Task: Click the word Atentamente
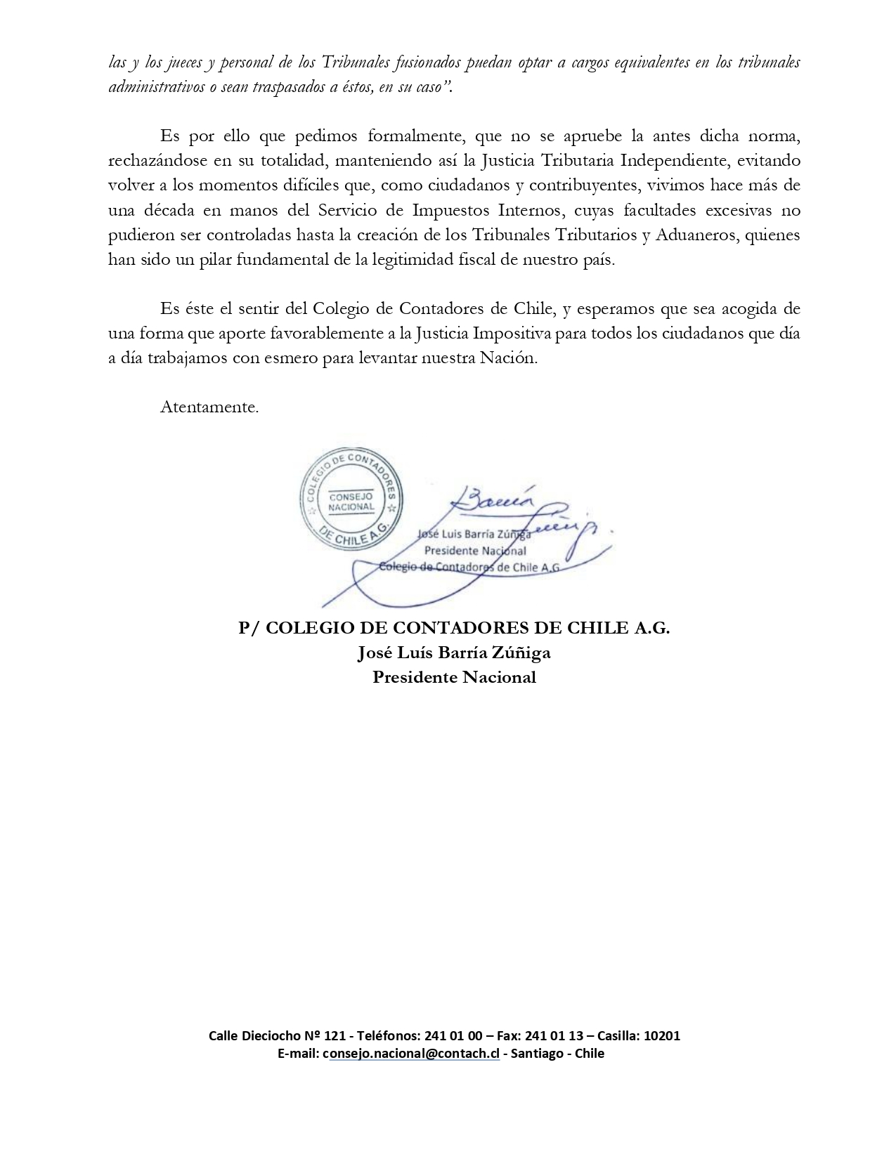click(x=209, y=407)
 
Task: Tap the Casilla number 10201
click(x=661, y=1035)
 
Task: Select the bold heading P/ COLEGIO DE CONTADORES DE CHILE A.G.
click(x=454, y=628)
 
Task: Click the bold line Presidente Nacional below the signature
click(x=454, y=677)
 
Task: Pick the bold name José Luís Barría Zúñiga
click(x=454, y=653)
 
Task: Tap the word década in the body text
click(x=164, y=210)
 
